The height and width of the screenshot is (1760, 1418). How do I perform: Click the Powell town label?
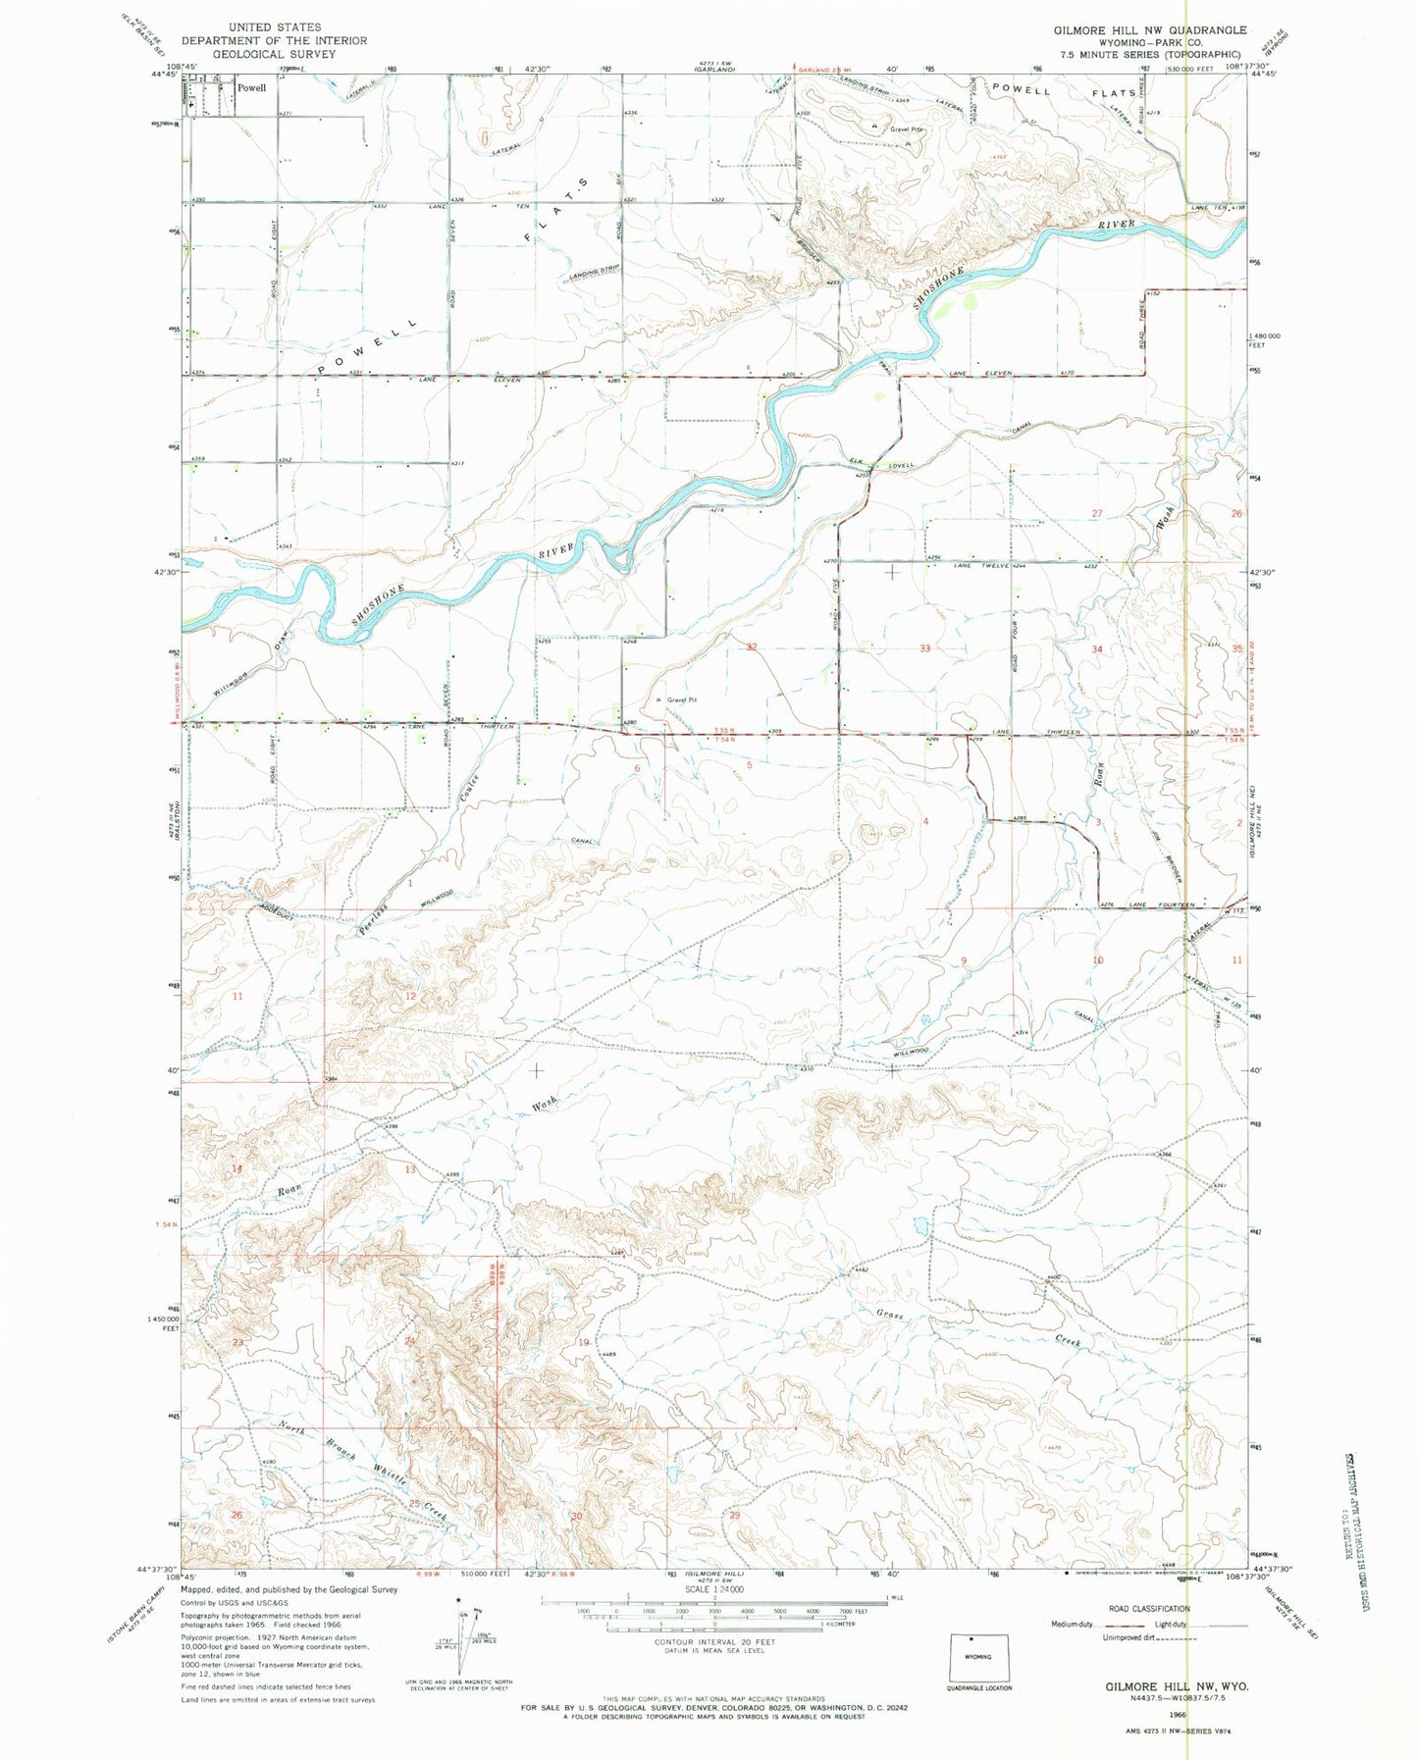click(x=251, y=87)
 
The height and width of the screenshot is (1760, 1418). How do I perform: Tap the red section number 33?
click(x=924, y=648)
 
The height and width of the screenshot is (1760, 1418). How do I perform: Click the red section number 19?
click(x=585, y=1342)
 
